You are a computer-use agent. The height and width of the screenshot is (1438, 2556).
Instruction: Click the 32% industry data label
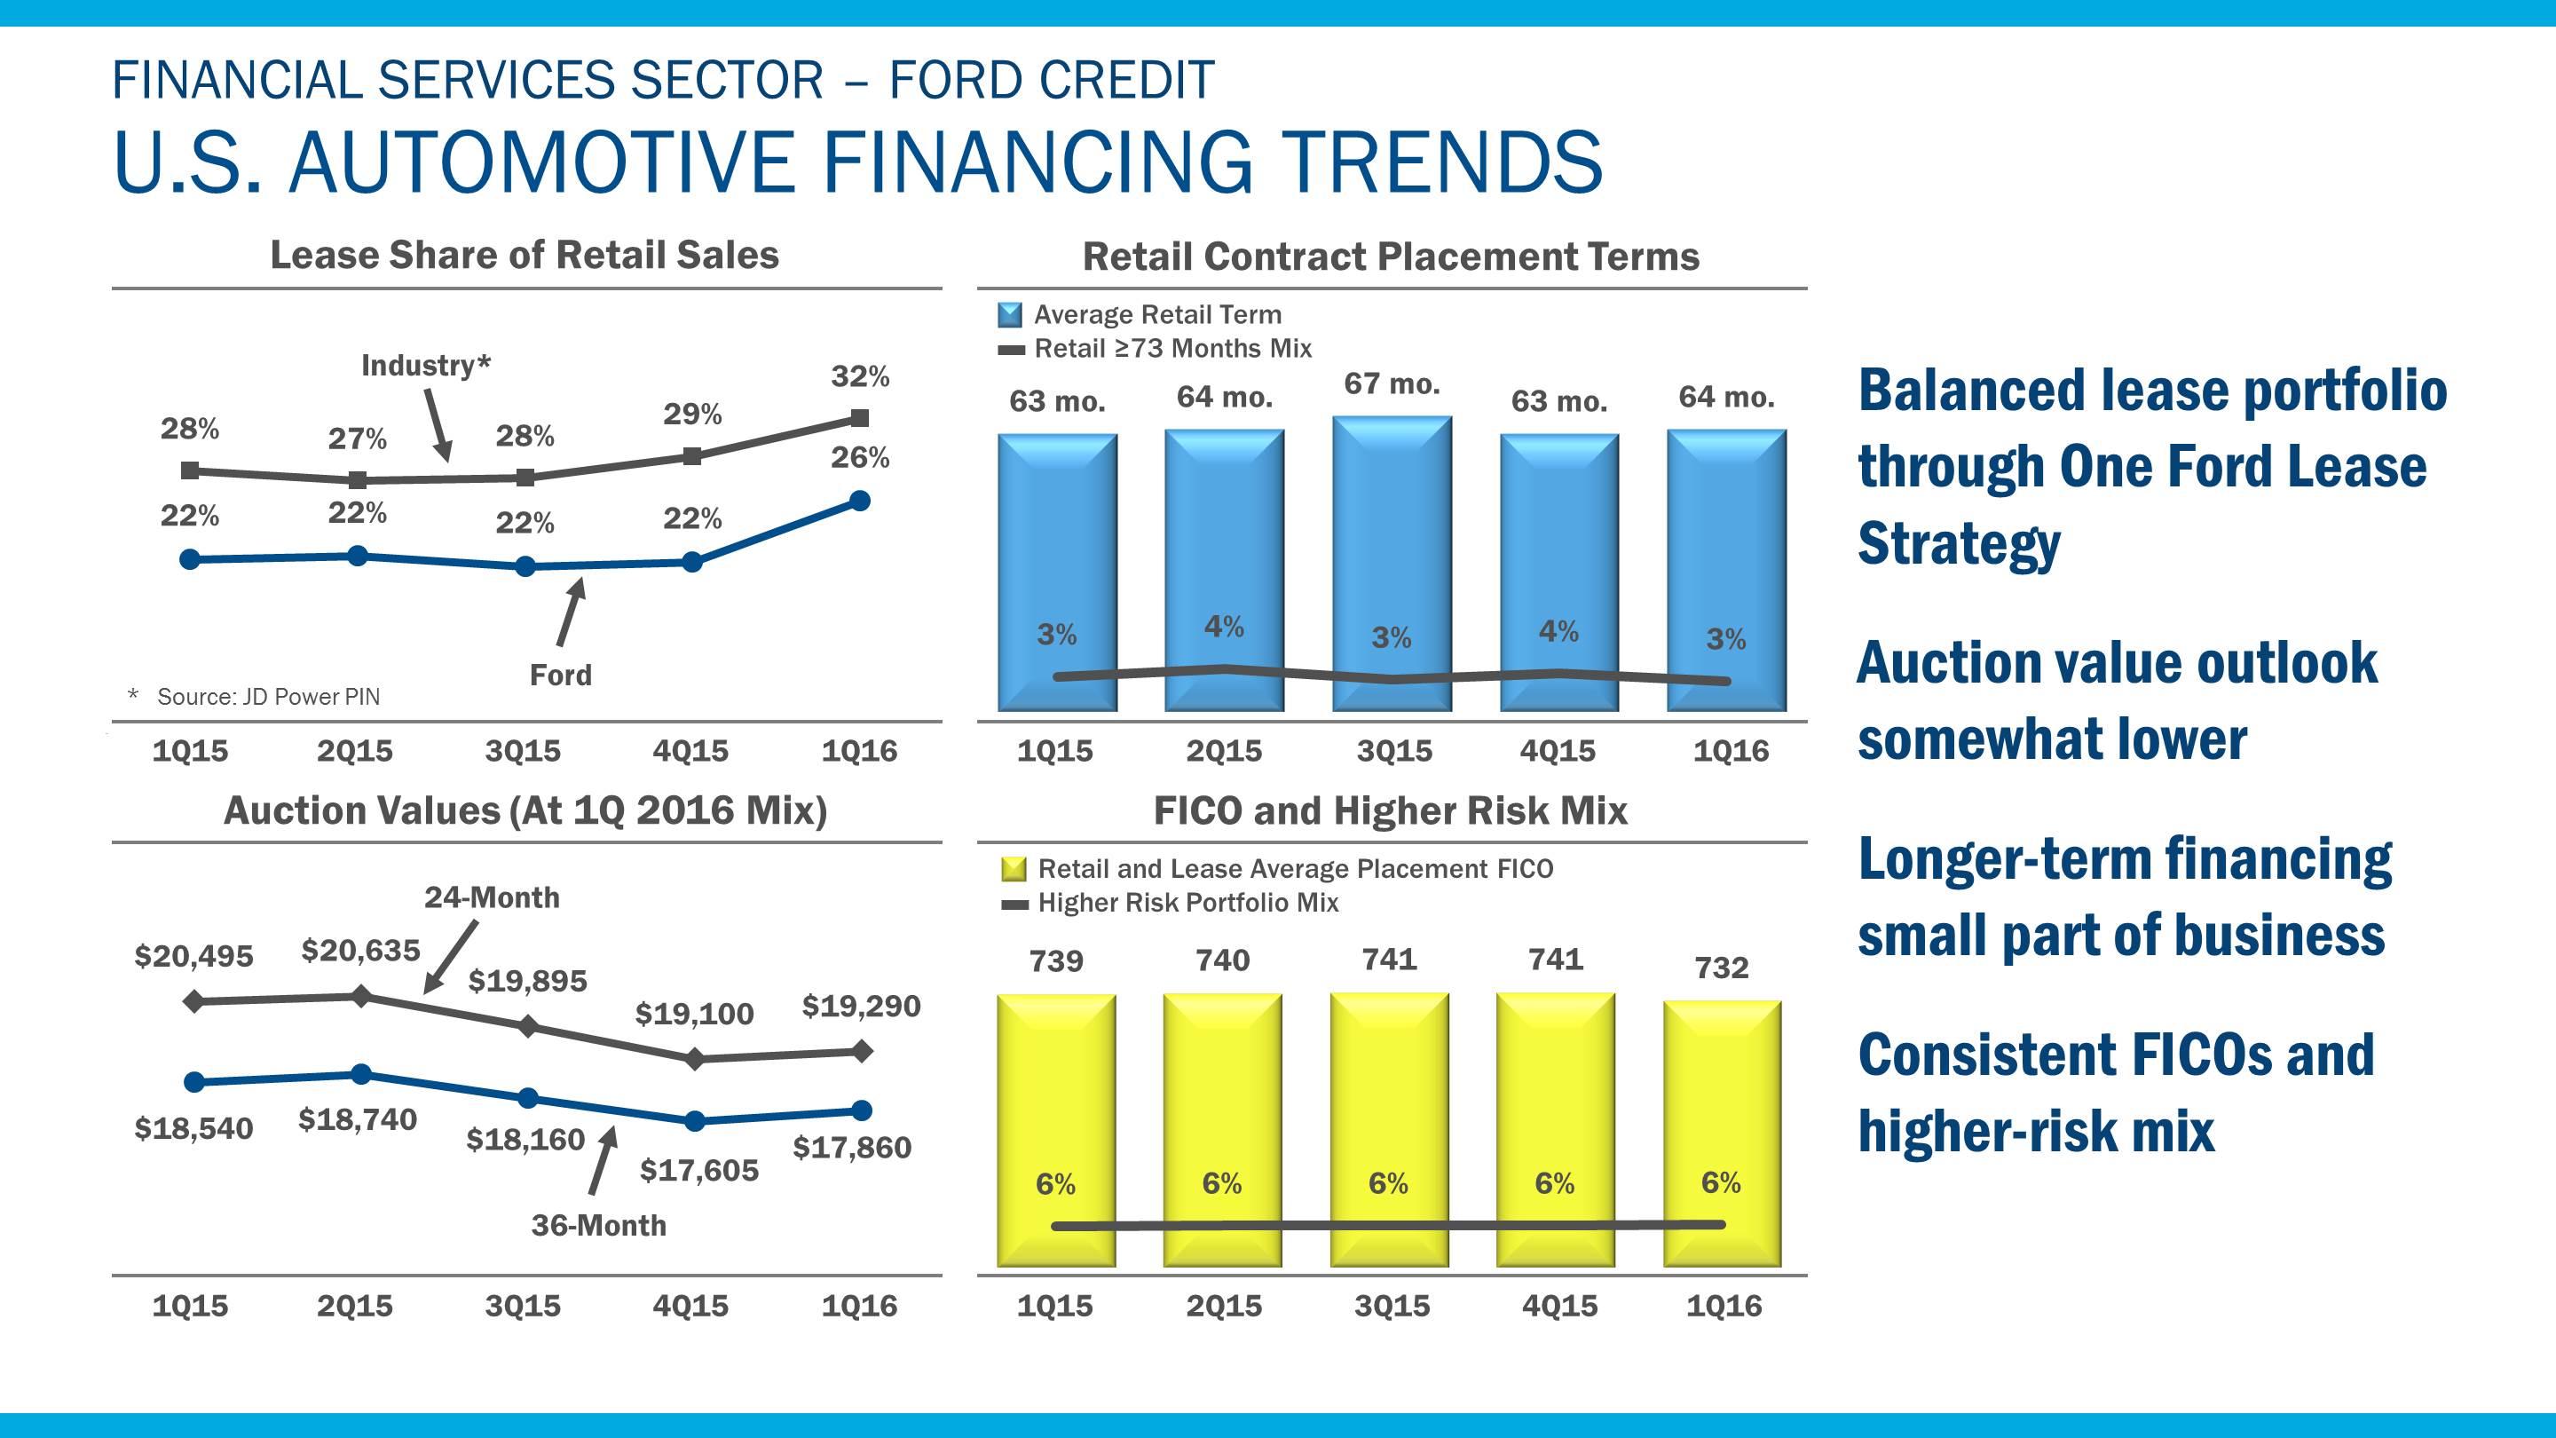pyautogui.click(x=859, y=376)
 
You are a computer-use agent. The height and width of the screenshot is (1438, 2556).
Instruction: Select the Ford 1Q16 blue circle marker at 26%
pyautogui.click(x=860, y=502)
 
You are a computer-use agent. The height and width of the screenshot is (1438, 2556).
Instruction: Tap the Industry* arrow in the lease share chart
pyautogui.click(x=438, y=425)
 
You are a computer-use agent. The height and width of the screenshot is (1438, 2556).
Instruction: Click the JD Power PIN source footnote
pyautogui.click(x=268, y=697)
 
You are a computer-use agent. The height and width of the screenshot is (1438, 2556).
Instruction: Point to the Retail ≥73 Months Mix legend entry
pyautogui.click(x=1171, y=348)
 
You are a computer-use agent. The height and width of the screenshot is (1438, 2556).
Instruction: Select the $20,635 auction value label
pyautogui.click(x=360, y=951)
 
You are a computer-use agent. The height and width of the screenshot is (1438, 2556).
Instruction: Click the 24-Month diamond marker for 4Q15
pyautogui.click(x=695, y=1059)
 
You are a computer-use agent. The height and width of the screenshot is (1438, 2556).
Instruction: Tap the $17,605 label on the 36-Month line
pyautogui.click(x=698, y=1170)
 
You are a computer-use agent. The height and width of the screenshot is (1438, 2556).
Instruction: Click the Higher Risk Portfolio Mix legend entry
pyautogui.click(x=1187, y=903)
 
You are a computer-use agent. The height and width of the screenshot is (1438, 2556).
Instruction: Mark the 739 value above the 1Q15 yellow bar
pyautogui.click(x=1056, y=960)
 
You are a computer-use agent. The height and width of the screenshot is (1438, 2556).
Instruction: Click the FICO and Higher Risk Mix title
pyautogui.click(x=1390, y=810)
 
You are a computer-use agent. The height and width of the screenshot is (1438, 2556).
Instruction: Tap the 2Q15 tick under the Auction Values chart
pyautogui.click(x=354, y=1305)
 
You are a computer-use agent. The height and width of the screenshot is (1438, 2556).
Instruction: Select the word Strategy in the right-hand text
pyautogui.click(x=1959, y=544)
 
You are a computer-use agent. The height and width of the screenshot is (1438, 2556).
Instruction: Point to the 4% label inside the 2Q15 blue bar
pyautogui.click(x=1224, y=626)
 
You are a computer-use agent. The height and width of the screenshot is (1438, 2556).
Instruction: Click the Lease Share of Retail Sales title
pyautogui.click(x=524, y=255)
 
